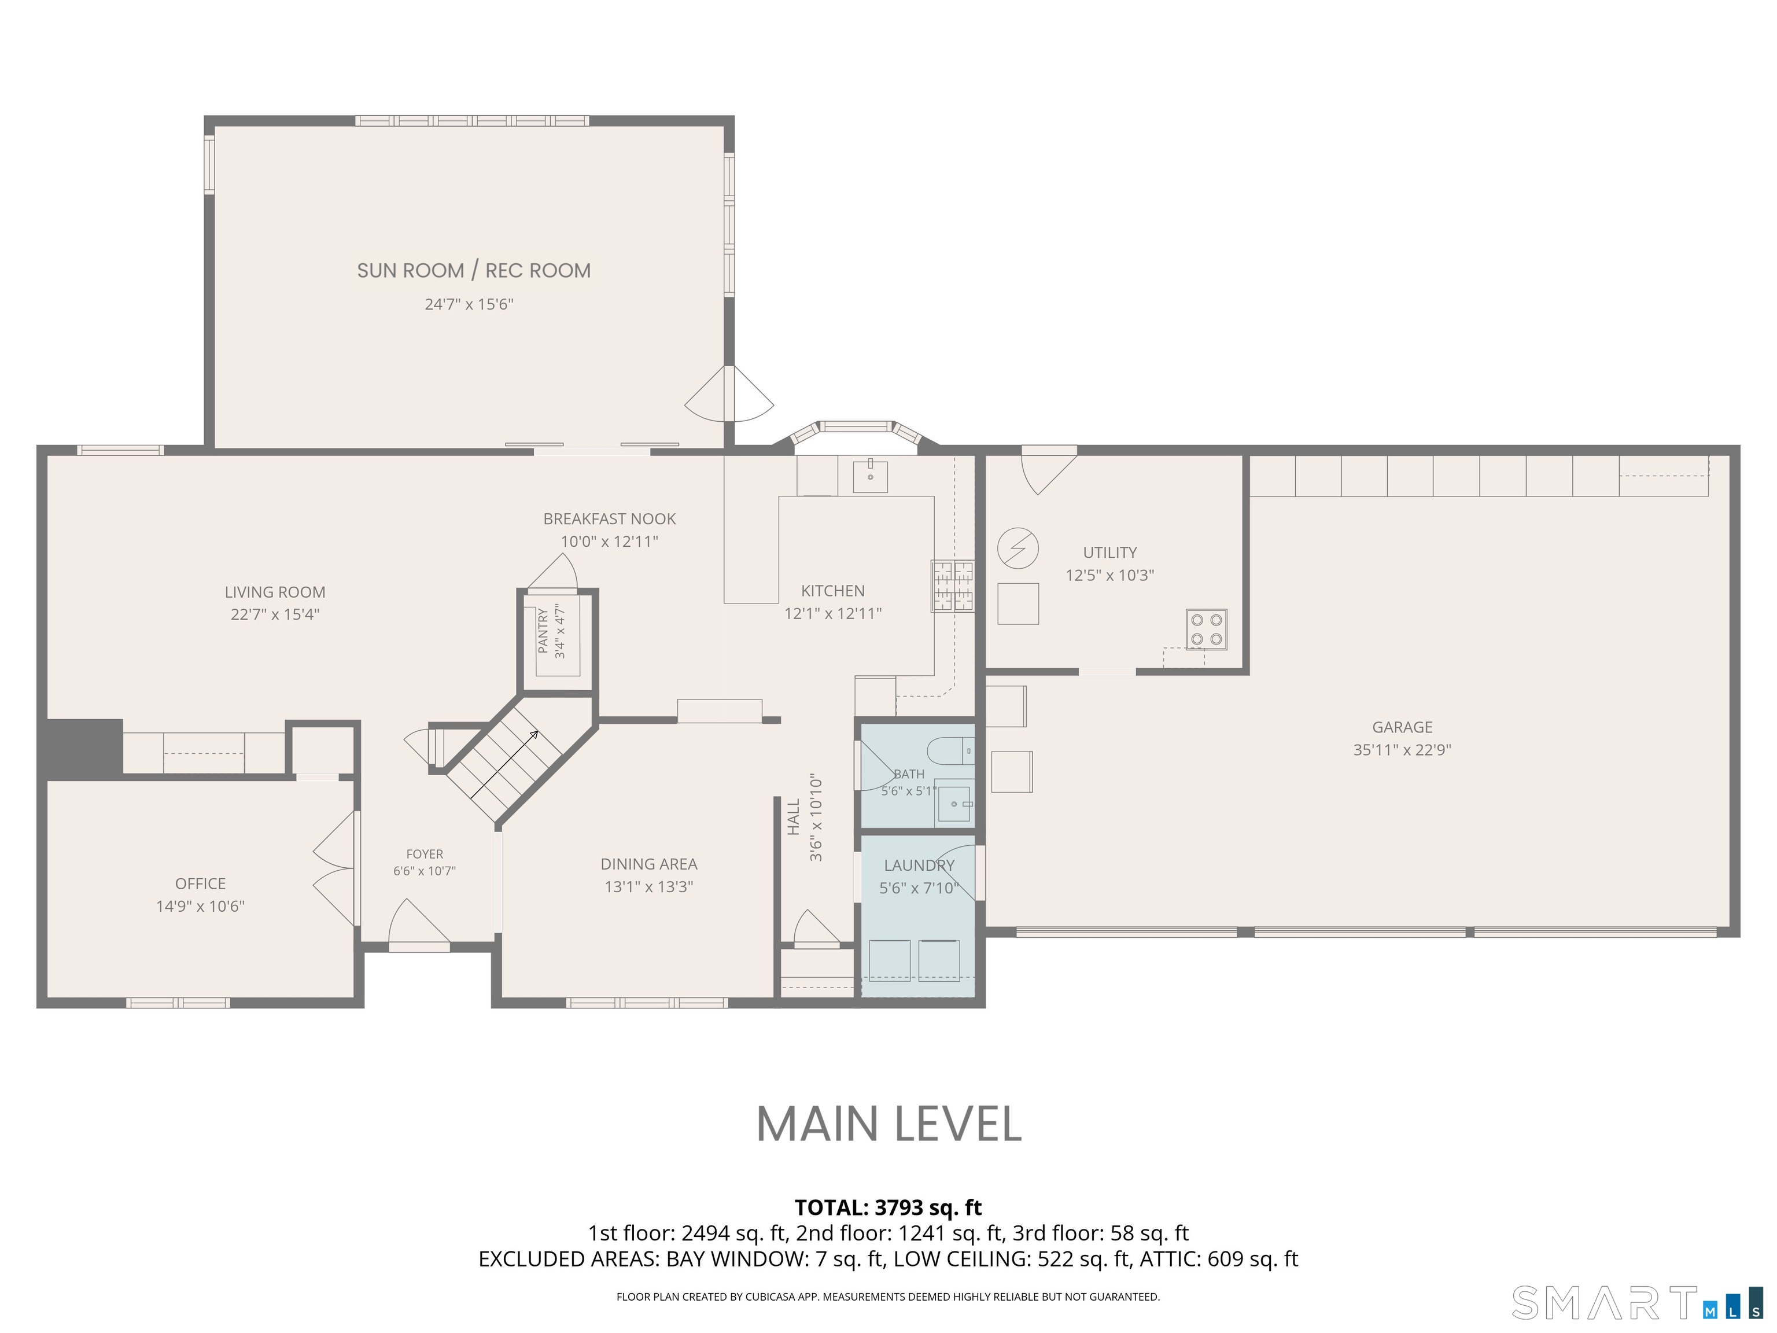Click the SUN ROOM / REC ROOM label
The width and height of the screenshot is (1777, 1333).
click(474, 271)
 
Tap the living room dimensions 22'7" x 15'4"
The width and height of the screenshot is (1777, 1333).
click(275, 614)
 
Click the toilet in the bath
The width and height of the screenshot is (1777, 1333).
click(950, 752)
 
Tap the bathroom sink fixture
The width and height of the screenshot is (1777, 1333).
click(954, 802)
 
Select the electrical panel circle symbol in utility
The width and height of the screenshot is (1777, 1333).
click(1018, 549)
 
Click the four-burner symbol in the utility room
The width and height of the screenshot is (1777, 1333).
click(1207, 629)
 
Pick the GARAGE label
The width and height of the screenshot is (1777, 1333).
click(1402, 727)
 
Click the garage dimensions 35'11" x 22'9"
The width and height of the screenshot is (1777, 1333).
click(1402, 750)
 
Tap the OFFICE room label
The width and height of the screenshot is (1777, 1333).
click(200, 884)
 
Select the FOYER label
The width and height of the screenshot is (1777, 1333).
click(424, 854)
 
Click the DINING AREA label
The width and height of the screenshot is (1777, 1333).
click(649, 864)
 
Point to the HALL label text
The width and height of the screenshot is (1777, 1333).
click(794, 817)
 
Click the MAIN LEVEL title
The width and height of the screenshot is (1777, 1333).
click(888, 1124)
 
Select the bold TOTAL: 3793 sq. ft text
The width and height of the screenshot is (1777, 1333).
click(888, 1207)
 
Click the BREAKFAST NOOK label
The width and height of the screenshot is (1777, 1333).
click(610, 519)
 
